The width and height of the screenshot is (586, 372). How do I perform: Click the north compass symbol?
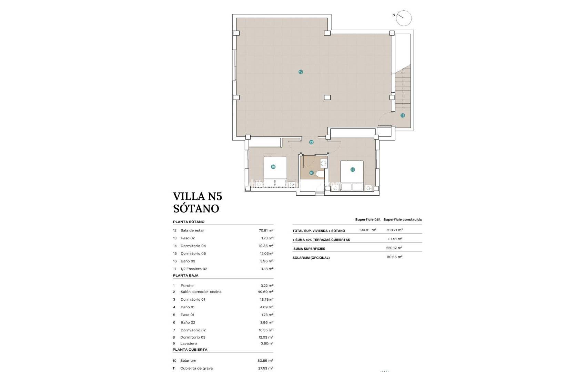(403, 18)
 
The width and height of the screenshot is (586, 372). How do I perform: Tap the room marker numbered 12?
(301, 72)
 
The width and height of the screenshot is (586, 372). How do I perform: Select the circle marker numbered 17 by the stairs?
(402, 115)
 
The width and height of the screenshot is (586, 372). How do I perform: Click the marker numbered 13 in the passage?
(311, 142)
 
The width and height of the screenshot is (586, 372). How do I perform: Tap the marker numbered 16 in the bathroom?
(311, 173)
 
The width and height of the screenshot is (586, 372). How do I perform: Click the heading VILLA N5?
(197, 196)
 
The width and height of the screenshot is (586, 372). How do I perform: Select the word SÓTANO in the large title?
(196, 208)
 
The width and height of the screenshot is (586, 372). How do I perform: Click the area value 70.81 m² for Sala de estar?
(266, 230)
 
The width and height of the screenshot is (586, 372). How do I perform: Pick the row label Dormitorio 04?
(193, 246)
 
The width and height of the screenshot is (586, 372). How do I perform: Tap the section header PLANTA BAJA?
(185, 276)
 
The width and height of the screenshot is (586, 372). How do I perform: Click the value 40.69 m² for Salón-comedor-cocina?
(265, 292)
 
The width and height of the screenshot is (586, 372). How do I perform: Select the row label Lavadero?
(189, 343)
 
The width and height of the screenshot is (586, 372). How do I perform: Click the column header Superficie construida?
(402, 219)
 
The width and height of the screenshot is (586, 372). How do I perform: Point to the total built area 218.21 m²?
(395, 230)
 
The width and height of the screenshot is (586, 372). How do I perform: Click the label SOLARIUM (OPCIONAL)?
(311, 258)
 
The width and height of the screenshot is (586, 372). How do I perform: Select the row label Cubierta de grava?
(196, 368)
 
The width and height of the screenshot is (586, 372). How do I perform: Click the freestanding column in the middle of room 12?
(327, 97)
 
